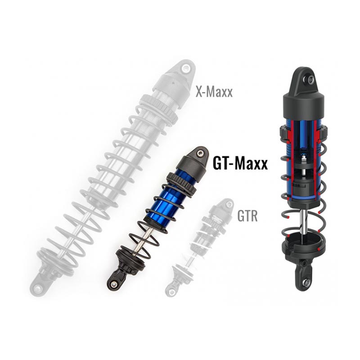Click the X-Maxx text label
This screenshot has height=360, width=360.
click(214, 92)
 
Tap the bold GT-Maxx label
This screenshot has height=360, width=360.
click(240, 163)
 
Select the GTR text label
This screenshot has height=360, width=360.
click(247, 216)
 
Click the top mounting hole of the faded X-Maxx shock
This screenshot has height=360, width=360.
click(185, 68)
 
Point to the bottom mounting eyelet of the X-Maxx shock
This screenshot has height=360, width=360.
click(37, 288)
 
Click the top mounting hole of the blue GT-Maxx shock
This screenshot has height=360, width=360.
click(201, 153)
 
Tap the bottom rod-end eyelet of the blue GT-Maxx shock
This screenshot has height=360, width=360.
click(113, 285)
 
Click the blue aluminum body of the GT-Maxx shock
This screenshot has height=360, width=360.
click(165, 202)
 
